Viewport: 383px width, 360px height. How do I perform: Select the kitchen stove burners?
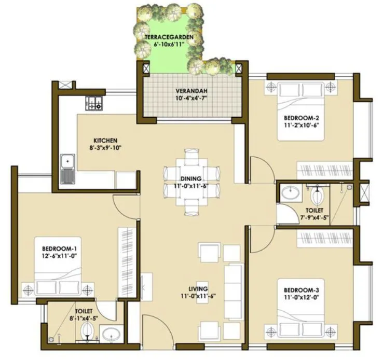coord(94,104)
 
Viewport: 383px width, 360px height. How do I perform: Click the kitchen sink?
coord(67,169)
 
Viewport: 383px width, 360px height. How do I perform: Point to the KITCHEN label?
coord(105,141)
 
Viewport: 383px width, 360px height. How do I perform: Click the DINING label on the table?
coord(190,178)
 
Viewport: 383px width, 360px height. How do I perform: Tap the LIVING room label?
coord(198,288)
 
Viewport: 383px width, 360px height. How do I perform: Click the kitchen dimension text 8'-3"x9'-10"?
coord(105,148)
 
